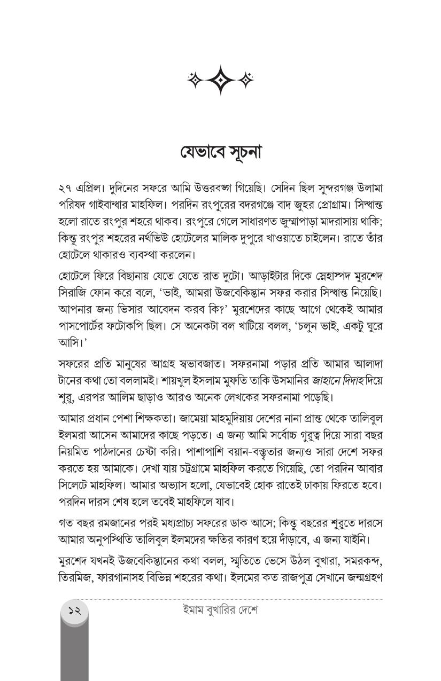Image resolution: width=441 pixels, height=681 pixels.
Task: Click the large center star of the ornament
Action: [x=220, y=80]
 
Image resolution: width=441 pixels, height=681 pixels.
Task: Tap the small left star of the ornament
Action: [x=195, y=80]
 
